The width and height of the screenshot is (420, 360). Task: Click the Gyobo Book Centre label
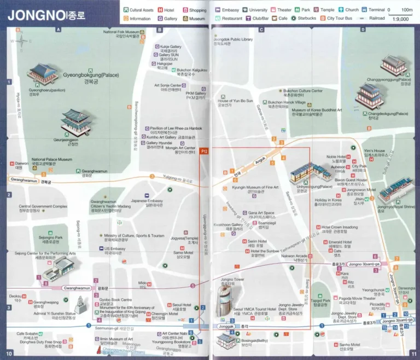(x=114, y=300)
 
